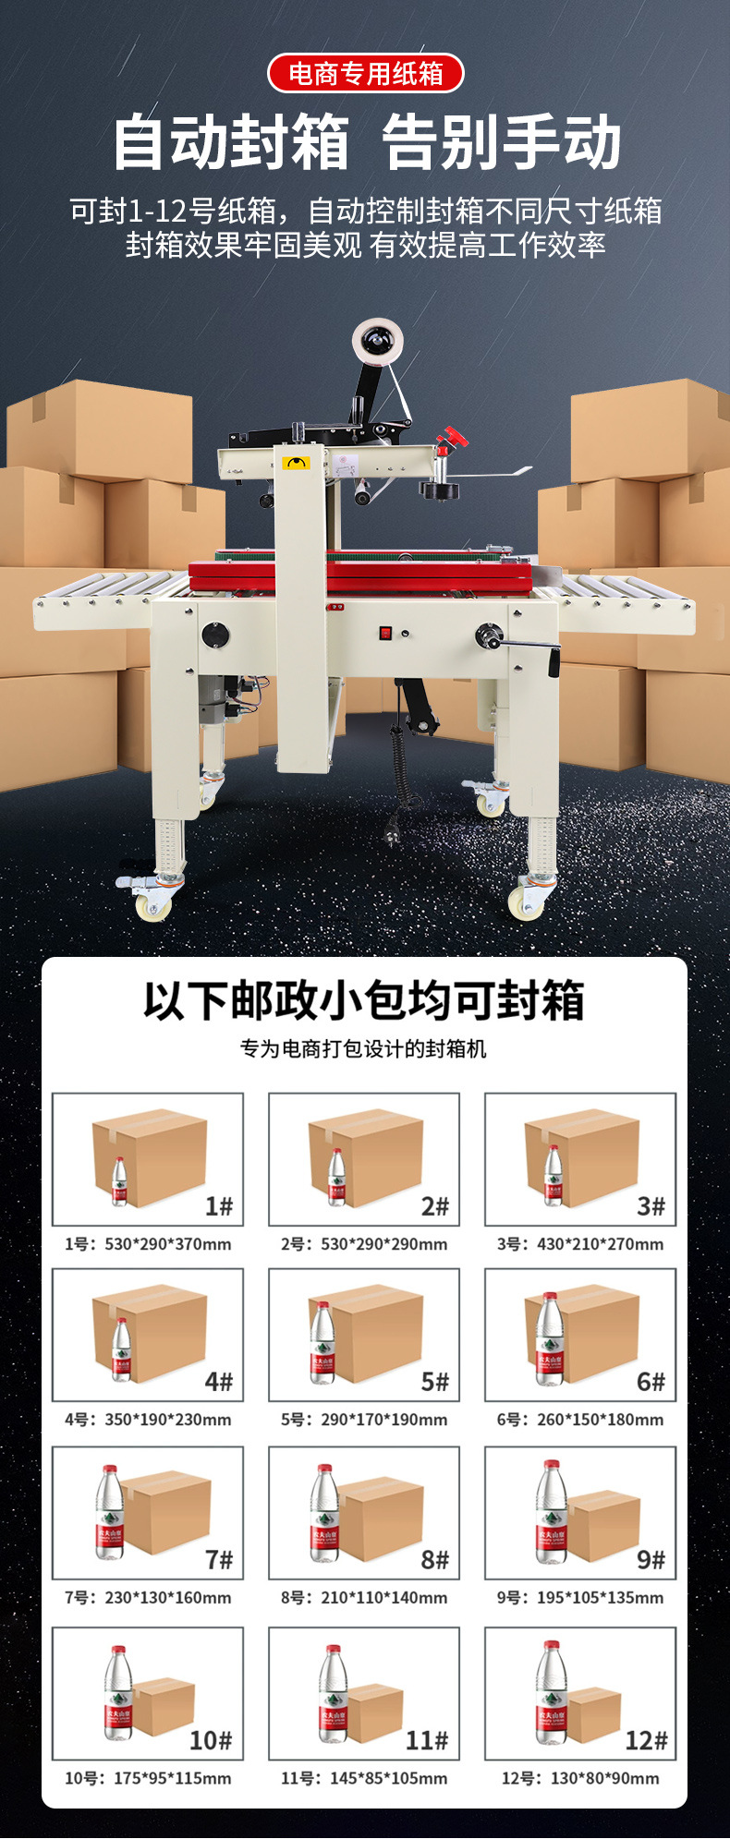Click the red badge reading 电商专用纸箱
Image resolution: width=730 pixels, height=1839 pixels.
point(365,73)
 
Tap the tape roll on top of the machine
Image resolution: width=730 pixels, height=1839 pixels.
point(380,342)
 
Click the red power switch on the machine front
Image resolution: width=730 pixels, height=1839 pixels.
point(385,634)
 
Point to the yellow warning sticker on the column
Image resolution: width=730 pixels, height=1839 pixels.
point(297,463)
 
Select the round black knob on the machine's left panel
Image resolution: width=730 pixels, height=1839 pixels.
point(215,635)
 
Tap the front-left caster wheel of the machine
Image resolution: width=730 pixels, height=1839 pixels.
point(154,903)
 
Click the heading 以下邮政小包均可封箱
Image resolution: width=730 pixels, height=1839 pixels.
point(364,1000)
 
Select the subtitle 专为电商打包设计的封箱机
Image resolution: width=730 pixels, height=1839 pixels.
point(364,1048)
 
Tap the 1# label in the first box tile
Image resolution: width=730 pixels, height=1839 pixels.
point(219,1205)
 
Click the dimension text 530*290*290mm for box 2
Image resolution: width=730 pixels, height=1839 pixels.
point(384,1244)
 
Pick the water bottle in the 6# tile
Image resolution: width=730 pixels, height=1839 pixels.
point(551,1338)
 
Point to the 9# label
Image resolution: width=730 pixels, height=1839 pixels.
point(651,1560)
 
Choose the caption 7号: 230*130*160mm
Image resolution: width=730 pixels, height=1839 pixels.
point(148,1598)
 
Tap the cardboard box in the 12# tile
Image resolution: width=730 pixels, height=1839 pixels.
point(593,1714)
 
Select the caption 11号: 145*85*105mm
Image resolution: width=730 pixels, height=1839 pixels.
point(364,1778)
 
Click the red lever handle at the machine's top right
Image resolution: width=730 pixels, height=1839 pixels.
point(452,437)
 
